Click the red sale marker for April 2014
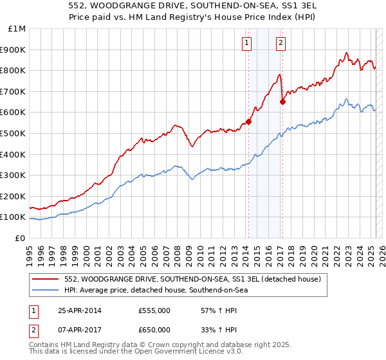pyautogui.click(x=248, y=122)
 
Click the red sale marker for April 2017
pyautogui.click(x=282, y=102)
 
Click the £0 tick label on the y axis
pyautogui.click(x=20, y=238)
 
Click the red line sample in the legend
pyautogui.click(x=46, y=279)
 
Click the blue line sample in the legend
pyautogui.click(x=46, y=290)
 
